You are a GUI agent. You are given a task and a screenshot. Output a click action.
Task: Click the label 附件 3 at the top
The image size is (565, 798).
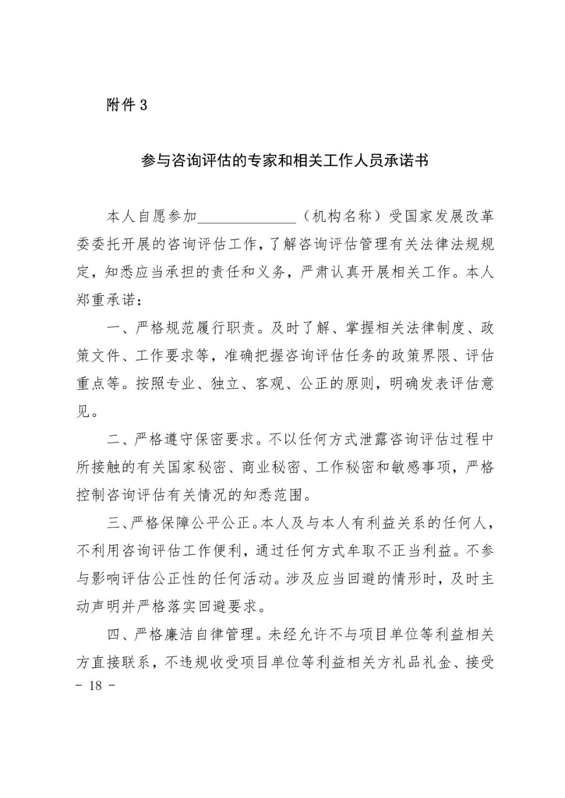[x=127, y=105]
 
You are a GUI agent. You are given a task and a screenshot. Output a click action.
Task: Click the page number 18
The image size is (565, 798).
[x=96, y=686]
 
